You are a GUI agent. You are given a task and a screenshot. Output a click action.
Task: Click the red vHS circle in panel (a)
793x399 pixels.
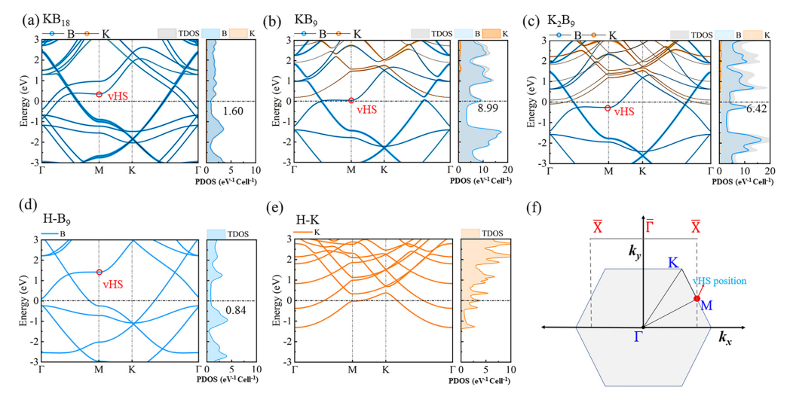(99, 94)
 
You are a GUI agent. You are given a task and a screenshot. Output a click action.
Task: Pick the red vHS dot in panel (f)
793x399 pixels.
(697, 299)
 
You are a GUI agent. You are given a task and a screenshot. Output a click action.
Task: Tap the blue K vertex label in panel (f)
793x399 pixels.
(674, 263)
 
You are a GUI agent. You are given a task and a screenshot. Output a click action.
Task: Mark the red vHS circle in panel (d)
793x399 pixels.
(99, 272)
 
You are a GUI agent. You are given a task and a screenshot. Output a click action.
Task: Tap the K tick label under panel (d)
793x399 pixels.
(132, 369)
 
